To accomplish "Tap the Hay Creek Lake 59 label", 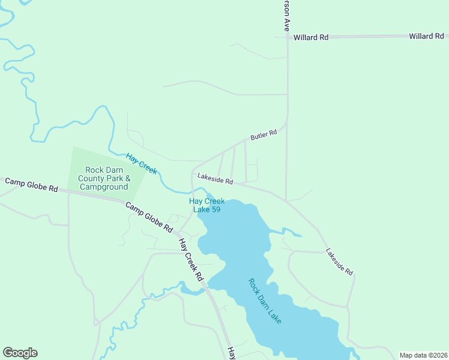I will [207, 205].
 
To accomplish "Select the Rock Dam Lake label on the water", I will [265, 301].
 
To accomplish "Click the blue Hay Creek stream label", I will [142, 164].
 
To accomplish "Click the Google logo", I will [20, 353].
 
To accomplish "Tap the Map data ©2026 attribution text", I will [423, 355].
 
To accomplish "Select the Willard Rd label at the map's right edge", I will [426, 37].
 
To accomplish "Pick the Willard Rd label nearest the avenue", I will [311, 37].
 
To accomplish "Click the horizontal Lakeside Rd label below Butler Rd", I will [214, 180].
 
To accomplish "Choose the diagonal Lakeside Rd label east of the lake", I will [339, 262].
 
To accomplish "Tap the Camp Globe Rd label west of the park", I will [31, 184].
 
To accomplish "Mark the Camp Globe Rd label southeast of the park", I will [149, 217].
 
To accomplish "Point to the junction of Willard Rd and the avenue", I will [287, 37].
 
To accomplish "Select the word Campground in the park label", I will [107, 187].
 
